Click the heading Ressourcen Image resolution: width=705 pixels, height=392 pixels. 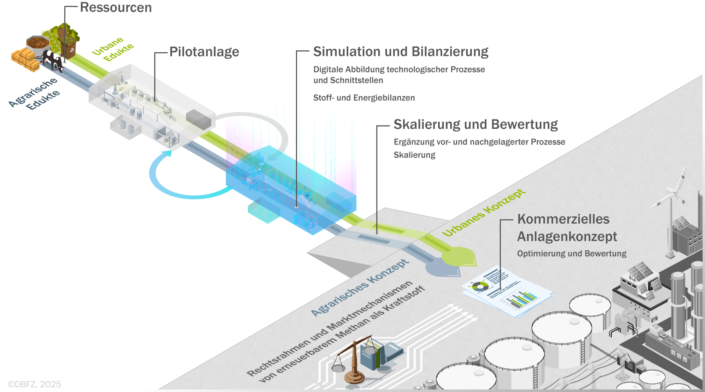(x=116, y=8)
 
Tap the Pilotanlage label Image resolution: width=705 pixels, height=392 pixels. (x=204, y=52)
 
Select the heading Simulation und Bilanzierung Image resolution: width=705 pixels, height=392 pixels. (x=401, y=52)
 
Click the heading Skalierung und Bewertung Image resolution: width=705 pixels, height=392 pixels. (x=476, y=125)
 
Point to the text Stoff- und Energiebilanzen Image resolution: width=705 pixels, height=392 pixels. (x=364, y=98)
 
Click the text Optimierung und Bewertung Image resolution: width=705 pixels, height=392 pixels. (x=572, y=254)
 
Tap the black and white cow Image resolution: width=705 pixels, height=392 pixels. (x=53, y=60)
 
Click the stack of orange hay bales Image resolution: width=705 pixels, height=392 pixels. (x=25, y=59)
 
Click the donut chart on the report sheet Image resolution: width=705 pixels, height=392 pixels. (x=480, y=286)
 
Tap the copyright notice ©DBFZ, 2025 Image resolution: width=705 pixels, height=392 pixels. (x=35, y=384)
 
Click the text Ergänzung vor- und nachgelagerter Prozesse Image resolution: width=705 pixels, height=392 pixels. (x=479, y=142)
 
